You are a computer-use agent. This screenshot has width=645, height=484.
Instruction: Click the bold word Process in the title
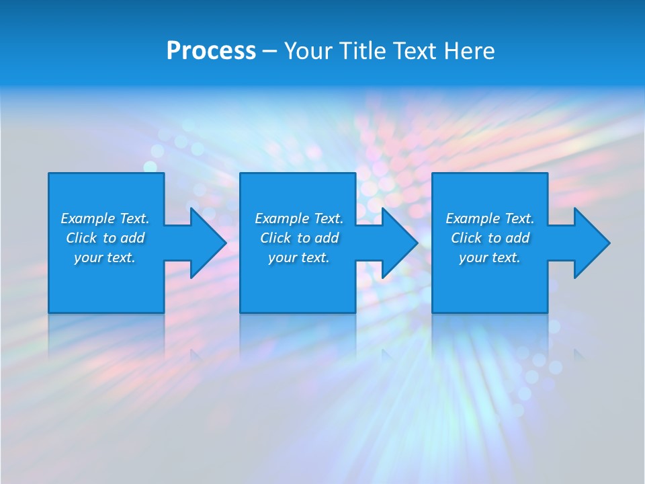click(x=211, y=50)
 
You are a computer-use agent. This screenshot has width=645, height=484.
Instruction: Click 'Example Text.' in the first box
click(x=105, y=218)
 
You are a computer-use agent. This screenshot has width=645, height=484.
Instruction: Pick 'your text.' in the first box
click(x=105, y=257)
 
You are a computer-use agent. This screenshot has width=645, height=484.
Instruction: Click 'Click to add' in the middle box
click(x=299, y=238)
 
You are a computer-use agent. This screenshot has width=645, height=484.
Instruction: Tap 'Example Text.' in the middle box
click(x=299, y=218)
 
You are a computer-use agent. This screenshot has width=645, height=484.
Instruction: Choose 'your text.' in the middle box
click(x=299, y=257)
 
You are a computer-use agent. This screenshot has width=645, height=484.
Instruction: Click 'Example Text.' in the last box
click(x=490, y=218)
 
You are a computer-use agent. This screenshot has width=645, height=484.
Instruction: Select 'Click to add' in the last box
click(x=490, y=238)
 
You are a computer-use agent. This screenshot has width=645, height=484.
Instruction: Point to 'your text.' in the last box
click(x=490, y=257)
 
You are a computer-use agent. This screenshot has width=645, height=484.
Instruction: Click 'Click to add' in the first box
click(x=105, y=238)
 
